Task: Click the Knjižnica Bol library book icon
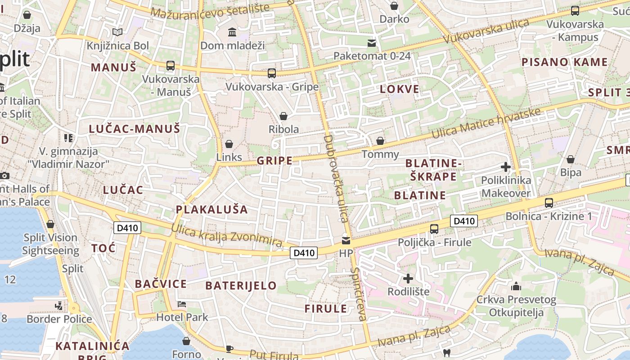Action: point(117,32)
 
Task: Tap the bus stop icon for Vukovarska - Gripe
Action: point(271,73)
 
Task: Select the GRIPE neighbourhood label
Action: point(274,161)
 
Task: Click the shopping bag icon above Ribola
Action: point(283,116)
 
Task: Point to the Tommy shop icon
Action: point(380,141)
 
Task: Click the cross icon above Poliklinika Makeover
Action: point(505,167)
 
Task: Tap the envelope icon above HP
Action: point(346,240)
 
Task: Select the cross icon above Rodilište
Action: point(408,278)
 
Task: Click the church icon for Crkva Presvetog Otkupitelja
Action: point(516,286)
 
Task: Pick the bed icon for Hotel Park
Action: point(182,304)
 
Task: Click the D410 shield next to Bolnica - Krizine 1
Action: point(464,221)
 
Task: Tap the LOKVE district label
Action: point(400,89)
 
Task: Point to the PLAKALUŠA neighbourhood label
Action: point(211,209)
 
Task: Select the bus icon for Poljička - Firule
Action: point(434,229)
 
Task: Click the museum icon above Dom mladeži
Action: point(232,32)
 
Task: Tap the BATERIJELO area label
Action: point(241,285)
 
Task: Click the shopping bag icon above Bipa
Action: point(571,159)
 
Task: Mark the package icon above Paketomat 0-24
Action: point(372,43)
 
